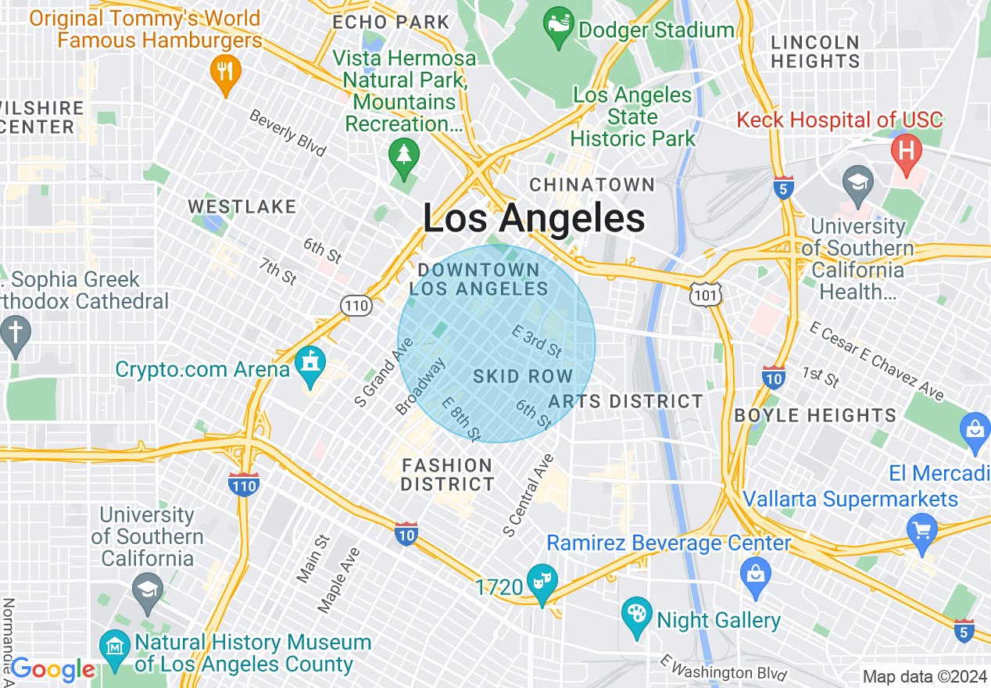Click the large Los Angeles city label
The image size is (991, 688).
(x=534, y=218)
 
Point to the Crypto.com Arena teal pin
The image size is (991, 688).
(x=311, y=366)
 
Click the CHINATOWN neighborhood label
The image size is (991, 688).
(x=592, y=185)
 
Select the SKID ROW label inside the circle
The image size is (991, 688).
(x=523, y=376)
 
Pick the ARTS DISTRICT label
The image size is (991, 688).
(x=625, y=401)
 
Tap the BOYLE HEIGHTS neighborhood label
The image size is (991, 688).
(x=815, y=415)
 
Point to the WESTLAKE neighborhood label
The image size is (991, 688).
(x=242, y=206)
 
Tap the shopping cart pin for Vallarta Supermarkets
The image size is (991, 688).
(x=921, y=532)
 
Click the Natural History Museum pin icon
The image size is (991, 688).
(x=115, y=648)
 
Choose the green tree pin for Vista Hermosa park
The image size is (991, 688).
(x=403, y=156)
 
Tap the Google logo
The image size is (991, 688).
(x=52, y=670)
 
